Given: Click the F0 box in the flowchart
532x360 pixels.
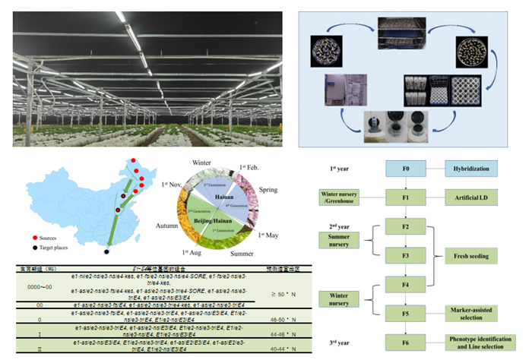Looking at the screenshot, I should click(408, 169).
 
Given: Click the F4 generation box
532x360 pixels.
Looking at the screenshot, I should click(408, 285).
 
